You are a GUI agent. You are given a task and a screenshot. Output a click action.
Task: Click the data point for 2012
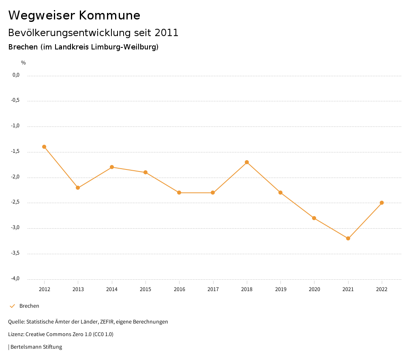tap(44, 147)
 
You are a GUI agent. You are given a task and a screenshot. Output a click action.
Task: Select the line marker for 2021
tap(348, 238)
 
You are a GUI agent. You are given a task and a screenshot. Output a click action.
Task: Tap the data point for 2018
tap(247, 162)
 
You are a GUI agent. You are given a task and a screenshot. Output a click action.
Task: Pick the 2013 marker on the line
tap(78, 188)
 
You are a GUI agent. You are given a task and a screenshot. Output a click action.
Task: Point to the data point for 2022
tap(382, 203)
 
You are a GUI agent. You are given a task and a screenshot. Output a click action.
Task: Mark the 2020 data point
tap(314, 218)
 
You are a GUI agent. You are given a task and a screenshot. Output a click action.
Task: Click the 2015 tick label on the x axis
tap(145, 289)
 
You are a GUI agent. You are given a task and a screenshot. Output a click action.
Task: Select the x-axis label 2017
tap(213, 289)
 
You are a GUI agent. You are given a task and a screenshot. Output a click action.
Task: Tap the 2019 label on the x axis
tap(280, 289)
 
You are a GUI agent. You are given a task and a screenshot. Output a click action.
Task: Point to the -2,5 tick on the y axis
tap(15, 202)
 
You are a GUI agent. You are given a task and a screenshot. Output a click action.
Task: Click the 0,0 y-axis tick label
tap(16, 75)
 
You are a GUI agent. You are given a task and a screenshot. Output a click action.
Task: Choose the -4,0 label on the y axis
tap(15, 279)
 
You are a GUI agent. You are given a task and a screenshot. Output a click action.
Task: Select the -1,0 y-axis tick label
tap(15, 126)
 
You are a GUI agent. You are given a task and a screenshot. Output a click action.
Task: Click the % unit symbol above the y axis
tap(24, 63)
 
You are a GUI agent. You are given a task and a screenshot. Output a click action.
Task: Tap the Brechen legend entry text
tap(29, 306)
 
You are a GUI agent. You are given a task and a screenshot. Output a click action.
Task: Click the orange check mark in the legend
tap(12, 306)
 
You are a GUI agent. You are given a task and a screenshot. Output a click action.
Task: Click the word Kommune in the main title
tap(109, 15)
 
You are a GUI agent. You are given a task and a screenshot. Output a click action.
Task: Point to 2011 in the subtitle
tap(166, 33)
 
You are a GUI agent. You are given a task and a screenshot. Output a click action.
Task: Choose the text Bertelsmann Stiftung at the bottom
tap(36, 347)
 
